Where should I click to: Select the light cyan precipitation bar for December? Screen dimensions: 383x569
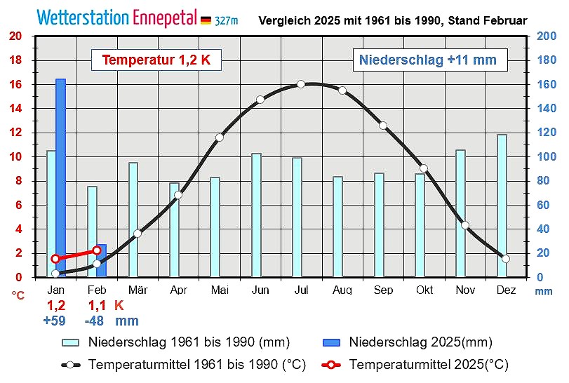(x=502, y=206)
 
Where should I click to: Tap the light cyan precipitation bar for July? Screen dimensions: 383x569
(x=297, y=217)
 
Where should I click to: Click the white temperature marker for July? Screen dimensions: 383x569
(x=301, y=84)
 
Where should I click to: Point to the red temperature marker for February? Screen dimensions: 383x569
(x=97, y=250)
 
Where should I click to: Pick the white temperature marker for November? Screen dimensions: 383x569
(x=464, y=225)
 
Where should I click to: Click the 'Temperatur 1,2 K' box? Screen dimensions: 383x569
(x=156, y=60)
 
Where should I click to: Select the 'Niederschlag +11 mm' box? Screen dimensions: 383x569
(x=428, y=60)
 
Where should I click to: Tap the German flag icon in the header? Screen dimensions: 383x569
(x=206, y=20)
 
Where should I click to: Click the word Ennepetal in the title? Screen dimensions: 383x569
(x=163, y=18)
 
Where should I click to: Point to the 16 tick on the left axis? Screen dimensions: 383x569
(x=16, y=85)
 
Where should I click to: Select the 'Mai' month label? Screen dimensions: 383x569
(x=219, y=290)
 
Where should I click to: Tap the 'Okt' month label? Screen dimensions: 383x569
(x=424, y=290)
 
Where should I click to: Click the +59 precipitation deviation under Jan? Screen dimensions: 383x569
(x=55, y=321)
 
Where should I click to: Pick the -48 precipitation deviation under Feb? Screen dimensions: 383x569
(x=96, y=321)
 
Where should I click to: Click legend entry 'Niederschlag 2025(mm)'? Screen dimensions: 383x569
(x=420, y=342)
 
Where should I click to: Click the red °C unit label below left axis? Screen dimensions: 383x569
(x=18, y=295)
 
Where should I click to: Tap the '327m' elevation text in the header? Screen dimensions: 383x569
(x=227, y=21)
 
